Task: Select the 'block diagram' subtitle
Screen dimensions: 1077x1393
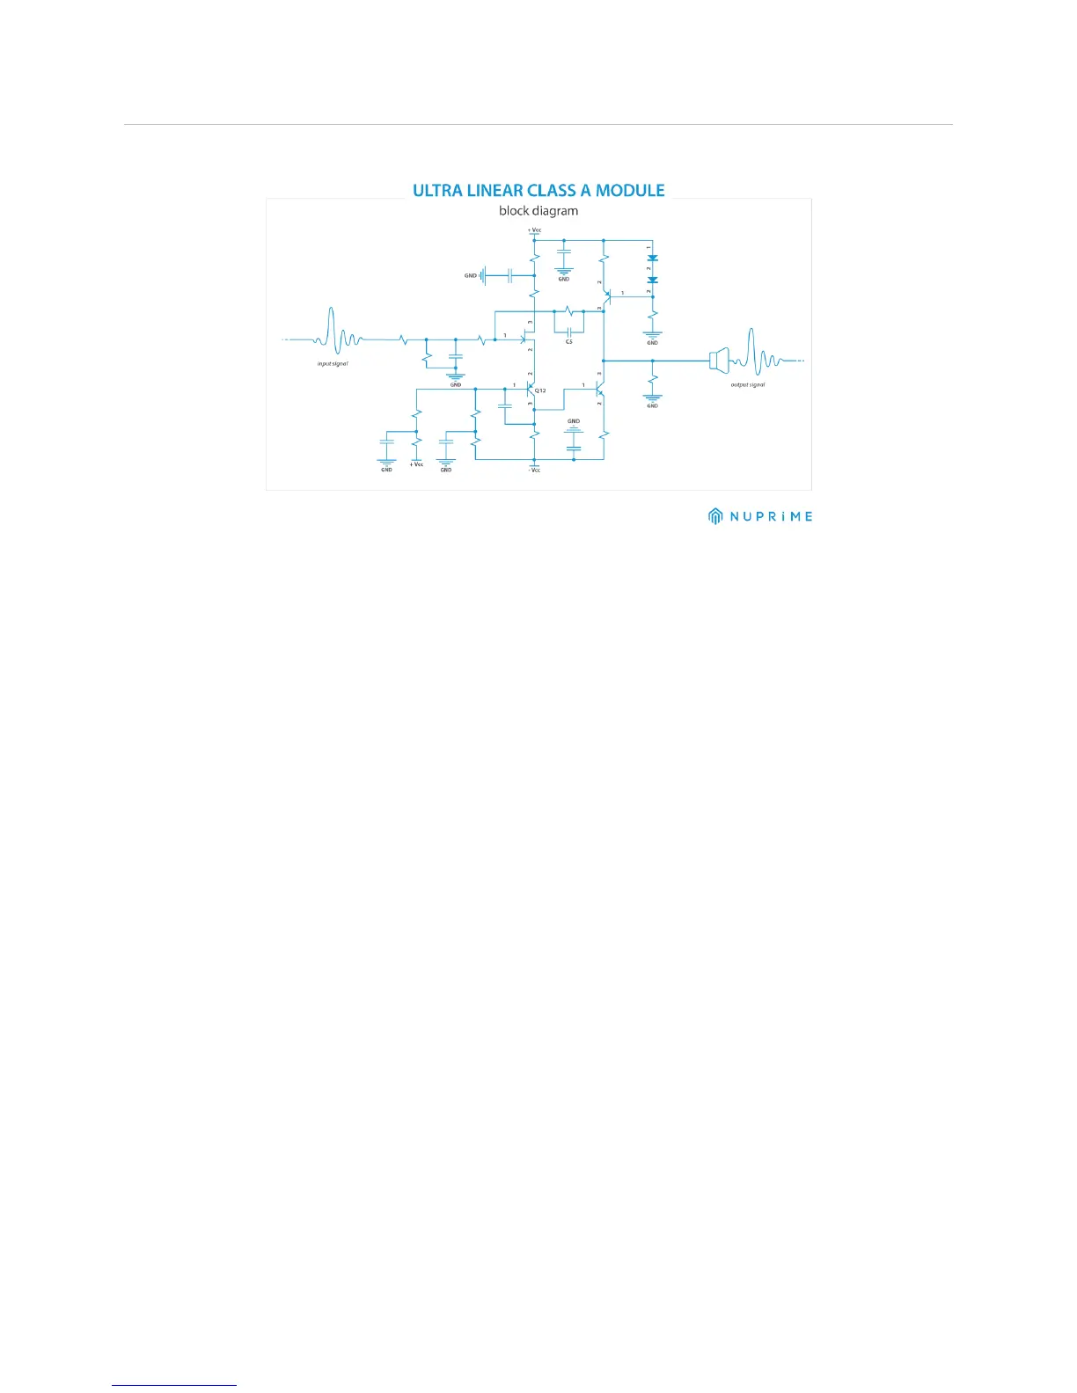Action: coord(538,211)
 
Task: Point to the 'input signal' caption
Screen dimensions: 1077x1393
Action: coord(333,363)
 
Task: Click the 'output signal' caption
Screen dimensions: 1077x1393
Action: coord(748,384)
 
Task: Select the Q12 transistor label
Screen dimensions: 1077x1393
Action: coord(541,390)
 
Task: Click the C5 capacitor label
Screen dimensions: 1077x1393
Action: coord(569,341)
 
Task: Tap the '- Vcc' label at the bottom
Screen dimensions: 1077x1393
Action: coord(534,470)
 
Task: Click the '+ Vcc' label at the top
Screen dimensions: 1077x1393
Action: coord(534,230)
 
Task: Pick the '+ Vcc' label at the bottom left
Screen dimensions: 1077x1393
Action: coord(416,464)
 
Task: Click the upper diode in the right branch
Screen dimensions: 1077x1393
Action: coord(652,259)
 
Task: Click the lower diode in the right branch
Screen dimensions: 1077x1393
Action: coord(652,280)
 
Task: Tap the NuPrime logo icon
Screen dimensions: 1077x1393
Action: coord(716,516)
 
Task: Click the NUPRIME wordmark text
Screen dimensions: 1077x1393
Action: coord(772,517)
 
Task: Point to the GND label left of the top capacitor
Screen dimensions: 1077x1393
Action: coord(471,276)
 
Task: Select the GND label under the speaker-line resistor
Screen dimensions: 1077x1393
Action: coord(652,406)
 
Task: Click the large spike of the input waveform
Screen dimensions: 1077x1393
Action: coord(332,330)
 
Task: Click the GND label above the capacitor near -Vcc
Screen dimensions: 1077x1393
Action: coord(574,422)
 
